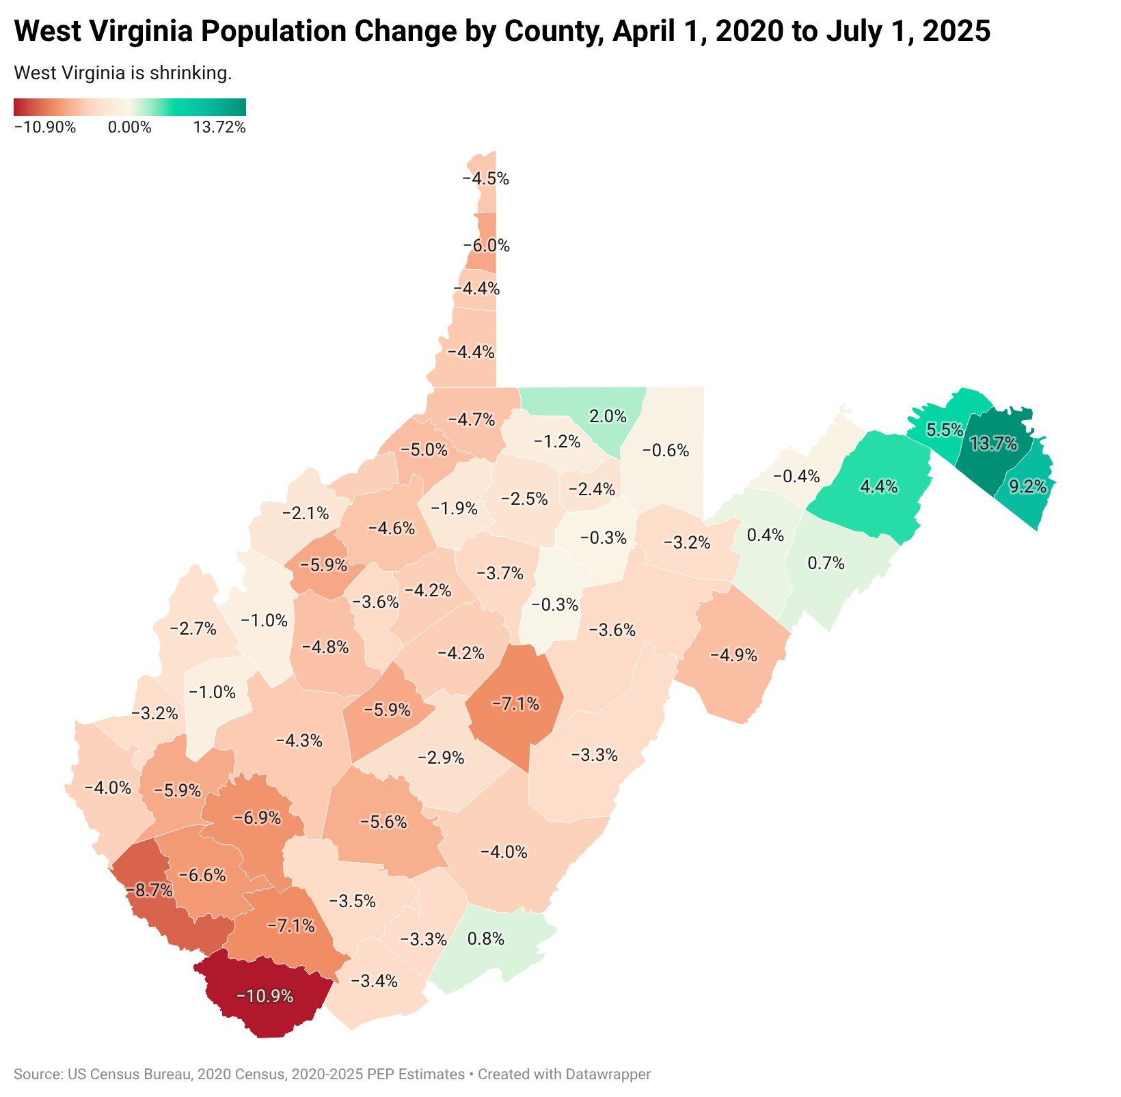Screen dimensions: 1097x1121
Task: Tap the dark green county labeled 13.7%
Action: tap(993, 444)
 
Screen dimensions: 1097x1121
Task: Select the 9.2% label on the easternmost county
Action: tap(1027, 486)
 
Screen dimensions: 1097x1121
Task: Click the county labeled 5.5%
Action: tap(945, 430)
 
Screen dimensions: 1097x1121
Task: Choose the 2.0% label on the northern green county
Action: tap(608, 415)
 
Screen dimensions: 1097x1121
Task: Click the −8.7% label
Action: tap(149, 889)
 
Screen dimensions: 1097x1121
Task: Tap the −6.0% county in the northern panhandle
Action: tap(486, 245)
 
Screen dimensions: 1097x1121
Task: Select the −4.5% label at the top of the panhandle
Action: tap(485, 179)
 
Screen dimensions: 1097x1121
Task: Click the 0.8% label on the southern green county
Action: tap(485, 939)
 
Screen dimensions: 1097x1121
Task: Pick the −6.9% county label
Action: tap(257, 817)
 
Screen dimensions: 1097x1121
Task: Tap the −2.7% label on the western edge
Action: tap(192, 628)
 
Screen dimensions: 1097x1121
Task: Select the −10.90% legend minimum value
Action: tap(44, 127)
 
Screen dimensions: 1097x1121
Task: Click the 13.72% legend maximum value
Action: tap(219, 127)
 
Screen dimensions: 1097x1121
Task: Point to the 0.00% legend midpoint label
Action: tap(129, 127)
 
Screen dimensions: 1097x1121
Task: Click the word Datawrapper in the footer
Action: tap(608, 1074)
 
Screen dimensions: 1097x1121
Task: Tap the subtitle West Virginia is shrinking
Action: tap(122, 73)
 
